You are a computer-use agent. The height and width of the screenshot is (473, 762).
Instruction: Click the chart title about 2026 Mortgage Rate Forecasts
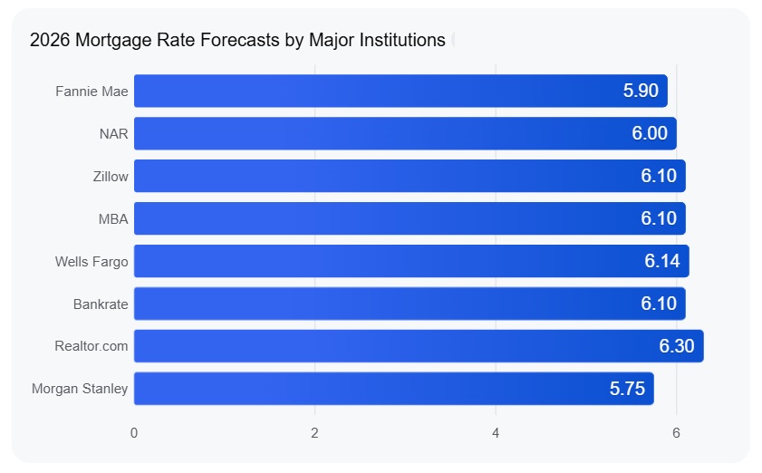point(237,40)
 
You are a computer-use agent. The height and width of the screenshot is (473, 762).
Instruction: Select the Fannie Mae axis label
point(92,92)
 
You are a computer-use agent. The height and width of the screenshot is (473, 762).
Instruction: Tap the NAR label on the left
point(113,134)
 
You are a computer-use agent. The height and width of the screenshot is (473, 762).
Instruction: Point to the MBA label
point(112,219)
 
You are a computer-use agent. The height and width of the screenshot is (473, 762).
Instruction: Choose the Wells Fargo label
point(92,262)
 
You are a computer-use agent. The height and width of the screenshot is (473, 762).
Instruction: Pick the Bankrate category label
point(101,304)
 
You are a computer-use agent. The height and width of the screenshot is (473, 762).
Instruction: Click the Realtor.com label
point(92,346)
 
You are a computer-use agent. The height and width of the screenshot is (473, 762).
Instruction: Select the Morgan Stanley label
point(80,389)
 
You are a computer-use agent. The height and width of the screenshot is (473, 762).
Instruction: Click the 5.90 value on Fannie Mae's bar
point(641,92)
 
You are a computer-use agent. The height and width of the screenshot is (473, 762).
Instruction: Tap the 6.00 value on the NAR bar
point(650,134)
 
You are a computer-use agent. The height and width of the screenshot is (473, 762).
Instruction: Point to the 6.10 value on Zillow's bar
point(659,177)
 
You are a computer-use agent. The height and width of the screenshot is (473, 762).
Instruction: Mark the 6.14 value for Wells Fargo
point(662,262)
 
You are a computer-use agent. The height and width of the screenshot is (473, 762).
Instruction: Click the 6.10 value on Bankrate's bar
point(659,304)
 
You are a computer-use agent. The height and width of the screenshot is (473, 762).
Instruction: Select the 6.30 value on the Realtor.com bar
point(677,346)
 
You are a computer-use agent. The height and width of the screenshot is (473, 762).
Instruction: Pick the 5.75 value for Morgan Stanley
point(627,389)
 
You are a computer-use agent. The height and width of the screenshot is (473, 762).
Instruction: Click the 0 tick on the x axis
point(134,433)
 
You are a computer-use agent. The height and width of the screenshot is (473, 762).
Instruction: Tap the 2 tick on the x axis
point(314,433)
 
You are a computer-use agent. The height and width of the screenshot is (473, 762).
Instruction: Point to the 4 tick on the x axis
point(496,433)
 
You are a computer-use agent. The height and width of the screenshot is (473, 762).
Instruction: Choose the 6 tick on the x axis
point(676,433)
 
